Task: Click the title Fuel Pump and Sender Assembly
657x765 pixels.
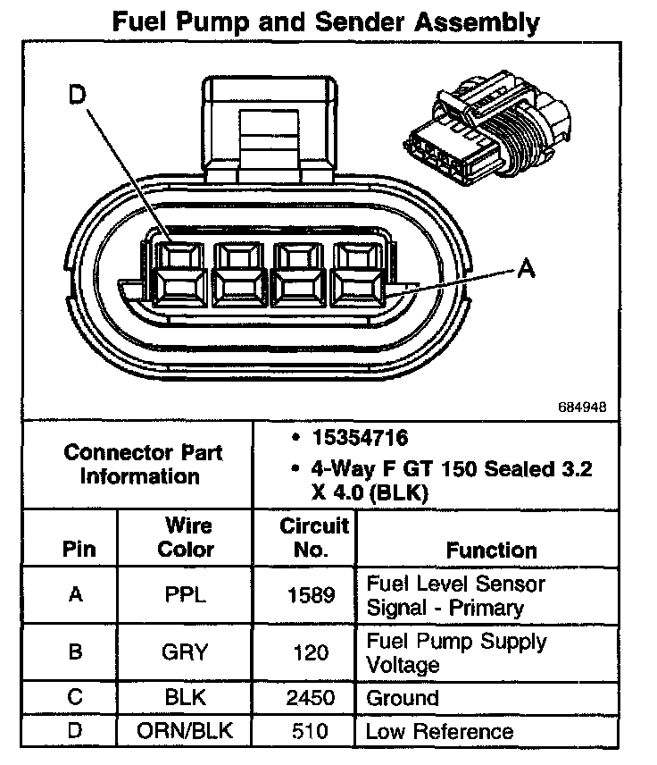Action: [327, 22]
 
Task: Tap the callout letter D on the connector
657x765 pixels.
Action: [80, 95]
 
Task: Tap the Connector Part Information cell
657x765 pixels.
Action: [142, 464]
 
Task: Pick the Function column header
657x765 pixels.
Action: [491, 550]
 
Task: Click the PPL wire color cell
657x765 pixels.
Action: [186, 595]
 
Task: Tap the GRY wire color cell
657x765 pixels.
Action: [186, 652]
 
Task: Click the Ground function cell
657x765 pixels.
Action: [403, 698]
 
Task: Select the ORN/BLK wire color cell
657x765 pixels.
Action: [186, 731]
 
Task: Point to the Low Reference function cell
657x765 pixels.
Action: [439, 732]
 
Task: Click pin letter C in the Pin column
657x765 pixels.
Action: [75, 698]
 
